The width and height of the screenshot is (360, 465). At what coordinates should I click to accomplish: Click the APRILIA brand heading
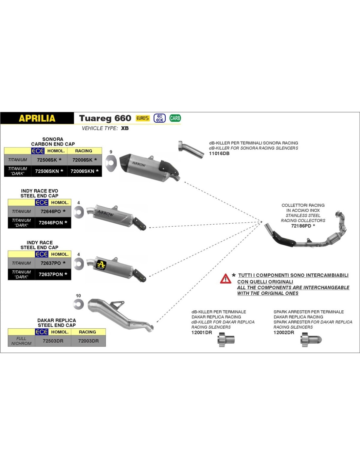tap(37, 118)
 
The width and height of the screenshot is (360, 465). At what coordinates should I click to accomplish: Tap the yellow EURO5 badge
tap(143, 118)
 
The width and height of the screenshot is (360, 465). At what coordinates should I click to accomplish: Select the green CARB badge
tap(175, 118)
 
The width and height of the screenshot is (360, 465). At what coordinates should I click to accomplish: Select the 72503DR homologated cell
tap(53, 341)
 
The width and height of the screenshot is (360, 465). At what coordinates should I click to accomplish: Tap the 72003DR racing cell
tap(88, 341)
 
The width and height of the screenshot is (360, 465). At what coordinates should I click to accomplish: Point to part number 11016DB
tap(219, 153)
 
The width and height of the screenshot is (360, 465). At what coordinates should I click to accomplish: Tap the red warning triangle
tap(225, 279)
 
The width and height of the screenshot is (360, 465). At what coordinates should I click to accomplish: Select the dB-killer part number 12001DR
tap(202, 333)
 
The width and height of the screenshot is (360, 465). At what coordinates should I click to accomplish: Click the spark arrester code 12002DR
tap(284, 333)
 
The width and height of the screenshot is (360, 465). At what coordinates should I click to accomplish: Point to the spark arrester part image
tap(311, 340)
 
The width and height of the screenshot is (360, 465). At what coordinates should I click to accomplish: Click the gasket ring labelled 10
tap(79, 304)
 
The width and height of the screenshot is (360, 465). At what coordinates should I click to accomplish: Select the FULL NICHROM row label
tap(21, 341)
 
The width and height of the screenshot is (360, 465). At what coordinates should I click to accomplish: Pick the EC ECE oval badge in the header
tap(160, 118)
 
